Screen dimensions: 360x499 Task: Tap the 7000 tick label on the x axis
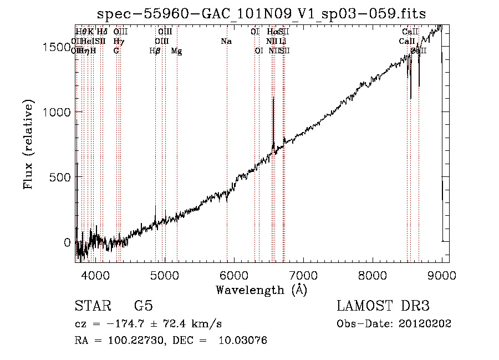pos(303,273)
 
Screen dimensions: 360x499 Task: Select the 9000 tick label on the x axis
pos(442,273)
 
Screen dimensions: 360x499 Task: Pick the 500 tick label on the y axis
pos(60,178)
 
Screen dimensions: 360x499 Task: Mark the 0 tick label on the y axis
pos(67,242)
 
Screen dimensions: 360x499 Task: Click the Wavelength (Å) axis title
pos(261,290)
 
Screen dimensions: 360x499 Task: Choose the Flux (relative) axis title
pos(29,145)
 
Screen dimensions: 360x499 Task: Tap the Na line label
pos(226,42)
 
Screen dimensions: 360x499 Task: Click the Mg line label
pos(176,51)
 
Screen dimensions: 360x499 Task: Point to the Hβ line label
pos(155,51)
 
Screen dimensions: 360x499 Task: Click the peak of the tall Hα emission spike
pos(273,99)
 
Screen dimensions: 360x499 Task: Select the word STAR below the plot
pos(92,306)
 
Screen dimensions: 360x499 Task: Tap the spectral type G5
pos(143,306)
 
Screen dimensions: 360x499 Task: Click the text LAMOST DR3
pos(383,306)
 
